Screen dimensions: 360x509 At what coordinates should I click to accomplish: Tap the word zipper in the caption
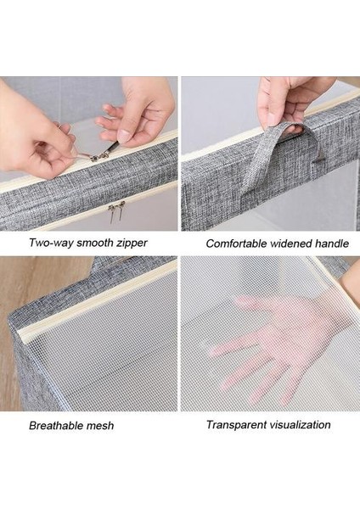click(132, 243)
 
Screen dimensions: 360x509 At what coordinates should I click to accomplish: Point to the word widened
click(290, 243)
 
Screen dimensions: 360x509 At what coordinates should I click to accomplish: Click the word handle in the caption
click(332, 243)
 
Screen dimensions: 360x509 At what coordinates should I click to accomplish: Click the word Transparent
click(233, 425)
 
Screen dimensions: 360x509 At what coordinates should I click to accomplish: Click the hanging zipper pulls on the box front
click(115, 211)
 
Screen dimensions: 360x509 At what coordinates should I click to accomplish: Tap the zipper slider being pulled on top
click(98, 157)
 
